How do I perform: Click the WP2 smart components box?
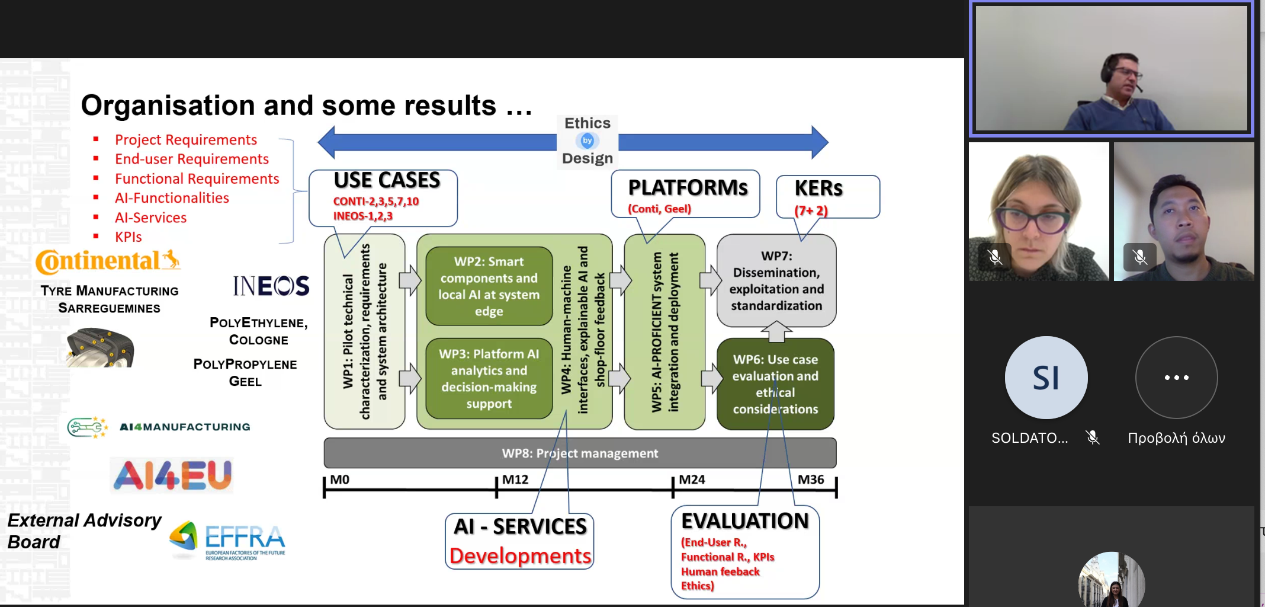pyautogui.click(x=489, y=286)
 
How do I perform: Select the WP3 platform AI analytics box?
pyautogui.click(x=489, y=378)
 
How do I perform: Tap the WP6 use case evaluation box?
pyautogui.click(x=775, y=384)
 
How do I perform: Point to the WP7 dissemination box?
pyautogui.click(x=776, y=280)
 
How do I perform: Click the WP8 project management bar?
pyautogui.click(x=580, y=453)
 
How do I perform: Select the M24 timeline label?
pyautogui.click(x=692, y=480)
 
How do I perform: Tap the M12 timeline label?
pyautogui.click(x=515, y=480)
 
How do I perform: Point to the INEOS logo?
pyautogui.click(x=271, y=286)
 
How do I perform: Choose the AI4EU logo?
pyautogui.click(x=172, y=475)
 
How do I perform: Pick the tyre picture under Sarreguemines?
pyautogui.click(x=100, y=347)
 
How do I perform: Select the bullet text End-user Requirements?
pyautogui.click(x=191, y=159)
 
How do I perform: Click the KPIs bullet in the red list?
pyautogui.click(x=128, y=237)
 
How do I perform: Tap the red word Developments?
pyautogui.click(x=520, y=556)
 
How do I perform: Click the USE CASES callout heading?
pyautogui.click(x=387, y=180)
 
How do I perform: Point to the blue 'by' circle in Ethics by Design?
pyautogui.click(x=587, y=140)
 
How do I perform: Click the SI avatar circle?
pyautogui.click(x=1046, y=378)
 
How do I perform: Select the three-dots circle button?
pyautogui.click(x=1176, y=378)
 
